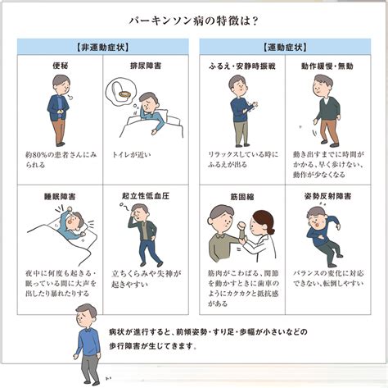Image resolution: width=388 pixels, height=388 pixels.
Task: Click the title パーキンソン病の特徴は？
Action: [194, 21]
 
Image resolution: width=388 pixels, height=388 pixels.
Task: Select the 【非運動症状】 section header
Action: [103, 47]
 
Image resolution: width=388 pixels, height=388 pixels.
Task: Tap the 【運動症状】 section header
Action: [285, 47]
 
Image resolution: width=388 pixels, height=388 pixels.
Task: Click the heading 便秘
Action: [60, 66]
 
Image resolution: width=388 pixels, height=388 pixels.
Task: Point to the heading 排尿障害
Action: [146, 66]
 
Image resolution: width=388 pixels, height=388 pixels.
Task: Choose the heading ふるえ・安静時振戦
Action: [242, 66]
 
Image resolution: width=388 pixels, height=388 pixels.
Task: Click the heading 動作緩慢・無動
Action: [327, 66]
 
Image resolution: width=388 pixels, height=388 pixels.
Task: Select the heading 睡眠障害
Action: [60, 196]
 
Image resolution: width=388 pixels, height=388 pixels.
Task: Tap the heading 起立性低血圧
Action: [146, 196]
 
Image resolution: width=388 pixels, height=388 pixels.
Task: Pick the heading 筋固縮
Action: [242, 196]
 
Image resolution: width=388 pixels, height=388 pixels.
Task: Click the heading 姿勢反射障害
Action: [327, 196]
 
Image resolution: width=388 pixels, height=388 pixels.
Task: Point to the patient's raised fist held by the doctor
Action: [242, 226]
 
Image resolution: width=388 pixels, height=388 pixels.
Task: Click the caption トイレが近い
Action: [132, 155]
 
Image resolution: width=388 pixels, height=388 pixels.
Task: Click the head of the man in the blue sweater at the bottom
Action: [87, 314]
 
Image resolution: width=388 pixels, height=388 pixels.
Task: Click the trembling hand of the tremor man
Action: [255, 105]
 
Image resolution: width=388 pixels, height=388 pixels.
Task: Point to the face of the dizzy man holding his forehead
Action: [142, 215]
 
